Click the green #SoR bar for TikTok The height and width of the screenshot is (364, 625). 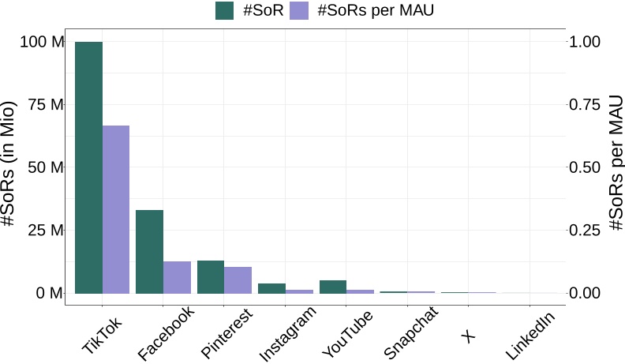pos(88,167)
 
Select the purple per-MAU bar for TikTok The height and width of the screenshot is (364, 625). pos(116,209)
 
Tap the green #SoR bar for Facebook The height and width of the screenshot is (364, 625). pos(149,251)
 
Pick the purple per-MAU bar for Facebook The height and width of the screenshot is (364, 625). pos(177,277)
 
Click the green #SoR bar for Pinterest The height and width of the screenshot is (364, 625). pos(211,276)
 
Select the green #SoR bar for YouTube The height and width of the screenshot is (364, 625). pos(332,287)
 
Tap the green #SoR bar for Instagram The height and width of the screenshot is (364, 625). pos(271,288)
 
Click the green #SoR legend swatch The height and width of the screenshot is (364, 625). pos(225,10)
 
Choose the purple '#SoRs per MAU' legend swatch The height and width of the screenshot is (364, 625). pos(300,10)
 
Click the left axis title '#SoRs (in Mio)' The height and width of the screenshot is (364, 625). pos(9,165)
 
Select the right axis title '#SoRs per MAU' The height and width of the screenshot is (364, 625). pos(616,167)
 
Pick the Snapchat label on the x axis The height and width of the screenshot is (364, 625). pos(410,337)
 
